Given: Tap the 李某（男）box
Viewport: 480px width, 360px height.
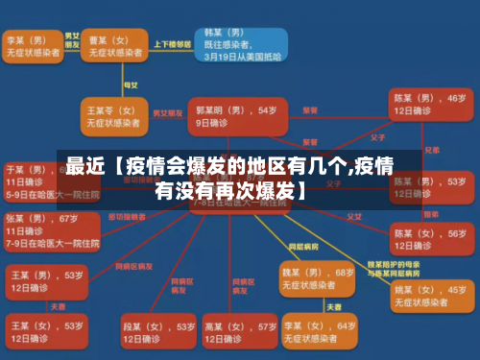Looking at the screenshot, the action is tap(33, 46).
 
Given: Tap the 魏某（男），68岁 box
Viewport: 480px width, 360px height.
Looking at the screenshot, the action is tap(316, 279).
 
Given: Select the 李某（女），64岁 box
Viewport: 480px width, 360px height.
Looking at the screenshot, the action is tap(316, 329).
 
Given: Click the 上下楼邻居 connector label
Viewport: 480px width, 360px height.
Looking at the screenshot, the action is tap(173, 44).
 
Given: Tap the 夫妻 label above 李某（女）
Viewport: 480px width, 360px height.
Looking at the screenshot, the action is tap(333, 306).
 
